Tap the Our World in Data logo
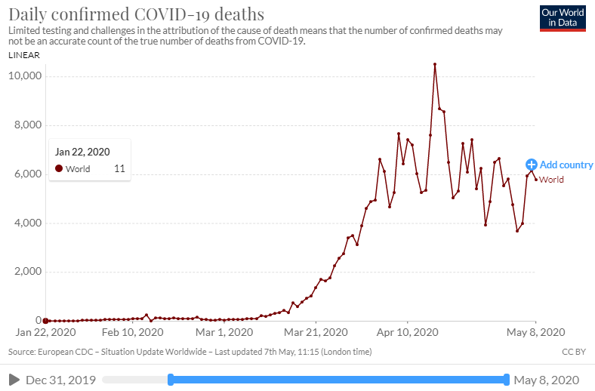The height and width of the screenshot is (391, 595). [x=563, y=18]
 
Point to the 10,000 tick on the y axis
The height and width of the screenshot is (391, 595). [x=25, y=77]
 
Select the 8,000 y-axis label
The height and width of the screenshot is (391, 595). [x=27, y=125]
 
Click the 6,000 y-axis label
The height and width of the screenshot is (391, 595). [x=27, y=174]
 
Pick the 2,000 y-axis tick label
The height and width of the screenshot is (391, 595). [x=27, y=272]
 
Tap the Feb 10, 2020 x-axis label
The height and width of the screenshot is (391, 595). [x=133, y=331]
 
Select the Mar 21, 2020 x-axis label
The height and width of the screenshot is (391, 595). [x=316, y=331]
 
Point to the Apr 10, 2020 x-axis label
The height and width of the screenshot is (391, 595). [x=408, y=331]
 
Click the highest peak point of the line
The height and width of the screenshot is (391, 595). [x=435, y=64]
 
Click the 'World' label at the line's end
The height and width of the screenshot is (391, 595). [x=551, y=180]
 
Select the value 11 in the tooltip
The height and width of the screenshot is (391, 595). [x=119, y=169]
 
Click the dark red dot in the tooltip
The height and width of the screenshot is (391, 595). [x=59, y=169]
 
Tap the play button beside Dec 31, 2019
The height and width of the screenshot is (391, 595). [x=14, y=380]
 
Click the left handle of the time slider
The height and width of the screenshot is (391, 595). [x=171, y=380]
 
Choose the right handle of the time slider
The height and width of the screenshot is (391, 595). [x=507, y=380]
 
